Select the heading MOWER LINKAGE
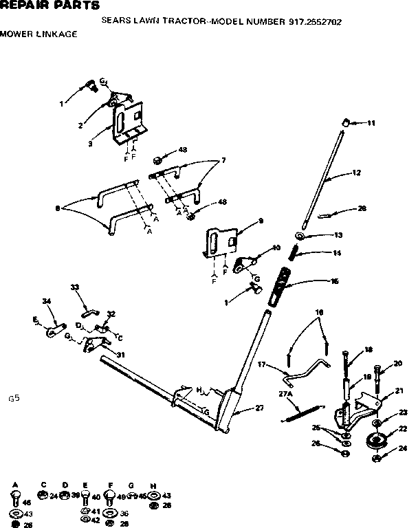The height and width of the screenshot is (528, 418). (38, 34)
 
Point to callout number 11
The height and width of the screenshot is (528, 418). (371, 123)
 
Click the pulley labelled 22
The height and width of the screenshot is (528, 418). (375, 441)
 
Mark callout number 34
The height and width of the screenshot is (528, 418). (47, 300)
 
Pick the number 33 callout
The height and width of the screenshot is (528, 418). (75, 287)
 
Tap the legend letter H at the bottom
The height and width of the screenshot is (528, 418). (153, 484)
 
